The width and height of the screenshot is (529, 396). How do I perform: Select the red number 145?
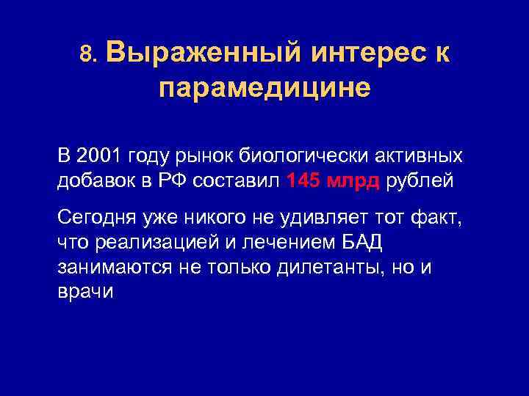pos(303,181)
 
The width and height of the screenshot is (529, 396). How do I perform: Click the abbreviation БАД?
pos(361,242)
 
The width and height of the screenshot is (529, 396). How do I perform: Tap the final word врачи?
pos(85,291)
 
